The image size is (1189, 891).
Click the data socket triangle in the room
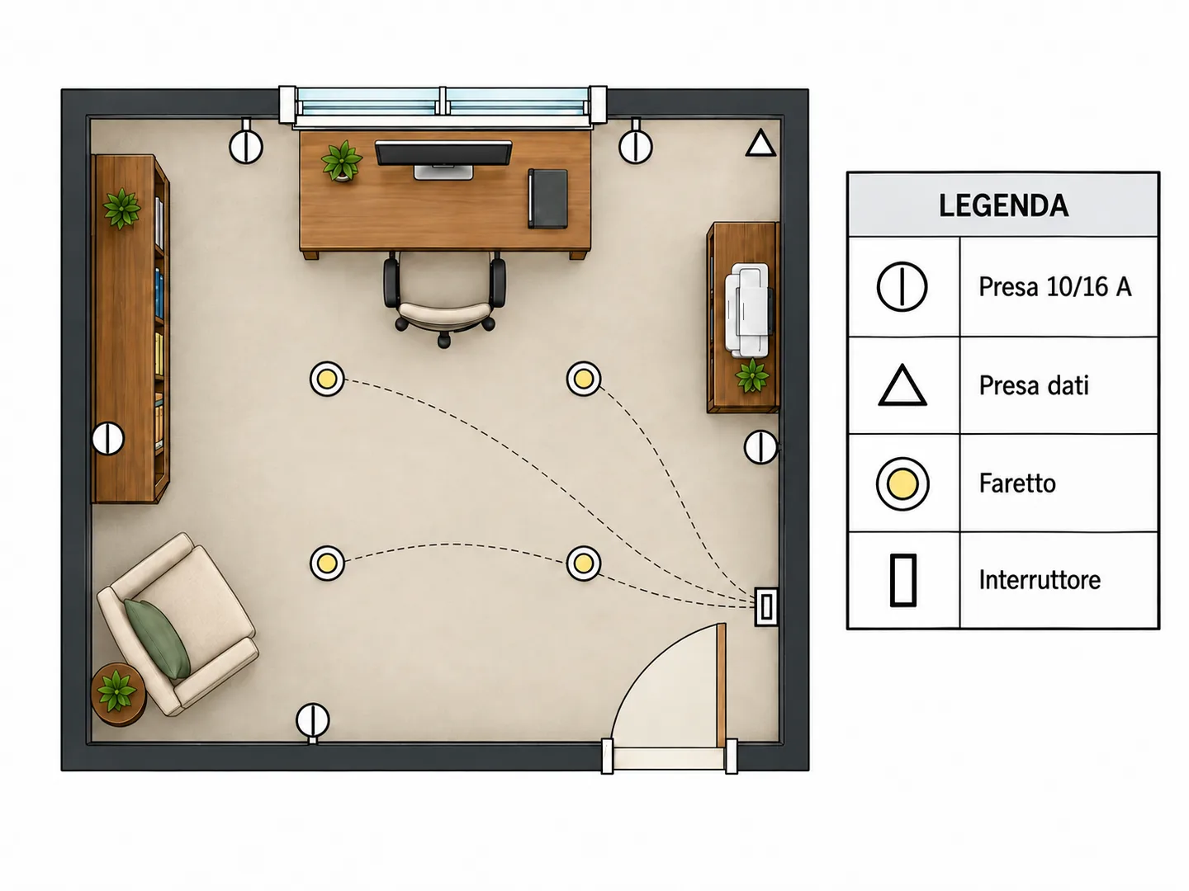point(760,144)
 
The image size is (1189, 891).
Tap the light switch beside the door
point(766,607)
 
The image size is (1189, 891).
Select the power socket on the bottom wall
point(313,720)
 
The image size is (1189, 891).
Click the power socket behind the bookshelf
point(108,438)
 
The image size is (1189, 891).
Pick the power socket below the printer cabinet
point(761,447)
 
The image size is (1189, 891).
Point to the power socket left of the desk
point(246,147)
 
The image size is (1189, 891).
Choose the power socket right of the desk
point(636,147)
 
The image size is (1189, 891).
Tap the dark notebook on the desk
point(547,199)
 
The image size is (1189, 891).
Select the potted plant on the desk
point(341,161)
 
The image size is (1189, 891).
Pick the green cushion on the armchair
point(158,639)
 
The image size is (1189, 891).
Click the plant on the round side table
point(116,691)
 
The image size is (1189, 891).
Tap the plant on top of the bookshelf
point(122,208)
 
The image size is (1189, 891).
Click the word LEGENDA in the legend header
point(1003,205)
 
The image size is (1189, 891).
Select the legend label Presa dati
point(1034,386)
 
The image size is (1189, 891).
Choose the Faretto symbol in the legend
point(902,483)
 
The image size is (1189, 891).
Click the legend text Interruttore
point(1040,580)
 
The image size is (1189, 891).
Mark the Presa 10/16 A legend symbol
point(902,287)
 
